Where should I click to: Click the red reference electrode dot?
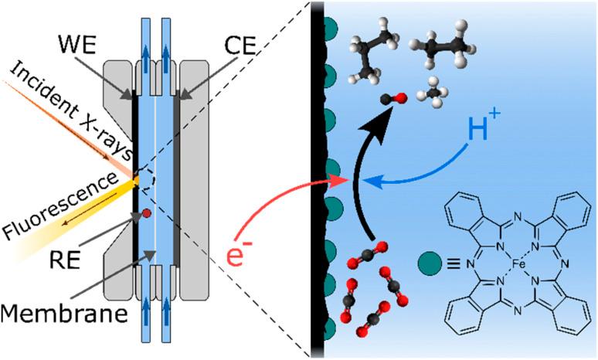pos(144,212)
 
